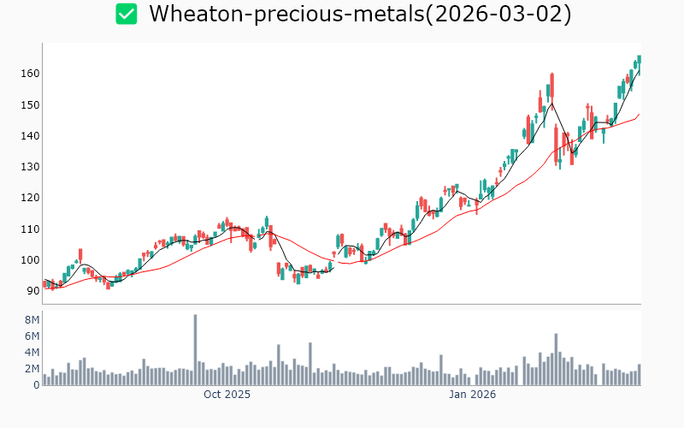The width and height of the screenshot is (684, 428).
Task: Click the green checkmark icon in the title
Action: (127, 14)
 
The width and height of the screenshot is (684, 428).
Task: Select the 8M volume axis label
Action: (31, 319)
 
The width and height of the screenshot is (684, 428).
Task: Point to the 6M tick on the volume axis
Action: (31, 336)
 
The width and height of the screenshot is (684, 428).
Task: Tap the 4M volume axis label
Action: (31, 352)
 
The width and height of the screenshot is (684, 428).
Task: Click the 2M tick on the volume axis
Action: (31, 368)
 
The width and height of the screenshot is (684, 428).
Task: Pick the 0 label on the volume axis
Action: (36, 384)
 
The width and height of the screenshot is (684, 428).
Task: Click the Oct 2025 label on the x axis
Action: (227, 395)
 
